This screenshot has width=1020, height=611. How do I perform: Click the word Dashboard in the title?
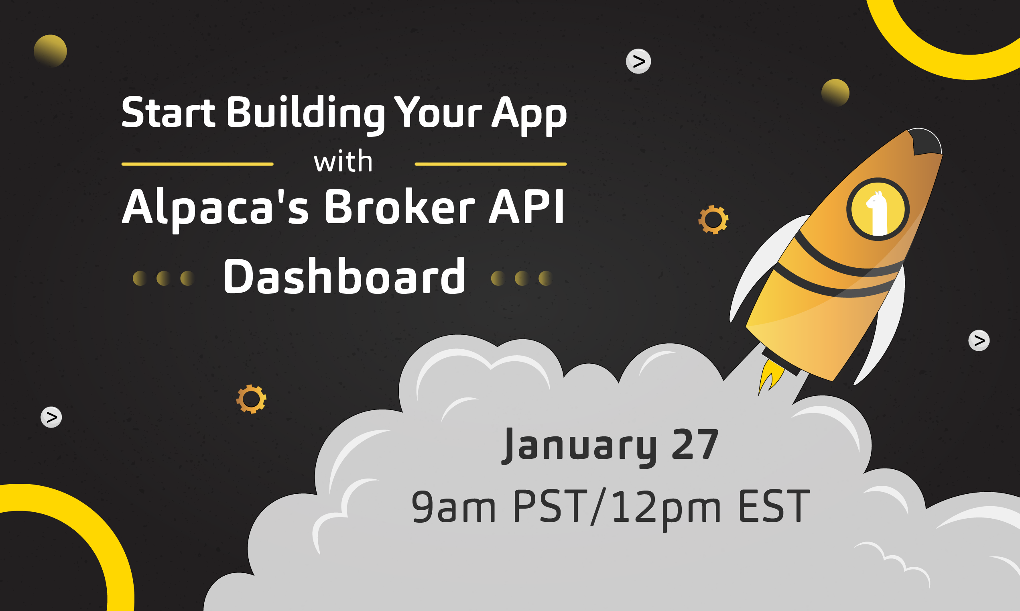(x=344, y=276)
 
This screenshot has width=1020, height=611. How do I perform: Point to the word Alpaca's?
(x=215, y=209)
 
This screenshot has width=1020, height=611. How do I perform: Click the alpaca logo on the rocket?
(x=878, y=209)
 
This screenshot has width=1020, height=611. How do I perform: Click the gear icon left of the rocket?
(x=713, y=220)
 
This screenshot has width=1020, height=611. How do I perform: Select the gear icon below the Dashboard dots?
(x=252, y=399)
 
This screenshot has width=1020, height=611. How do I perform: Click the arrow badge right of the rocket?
(x=979, y=340)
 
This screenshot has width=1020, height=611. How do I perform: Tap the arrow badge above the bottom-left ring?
(x=51, y=417)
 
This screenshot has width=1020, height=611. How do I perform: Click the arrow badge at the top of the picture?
(x=638, y=61)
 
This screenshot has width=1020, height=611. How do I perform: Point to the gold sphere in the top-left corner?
(x=50, y=51)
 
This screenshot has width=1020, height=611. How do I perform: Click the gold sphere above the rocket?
(x=835, y=93)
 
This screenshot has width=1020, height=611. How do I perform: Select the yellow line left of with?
(x=197, y=164)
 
